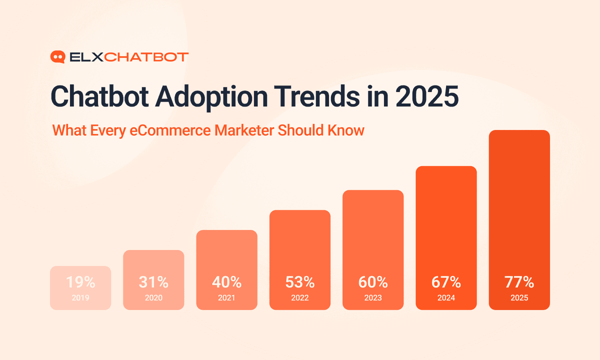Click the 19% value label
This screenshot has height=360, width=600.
pyautogui.click(x=80, y=282)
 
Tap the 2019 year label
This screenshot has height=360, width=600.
pyautogui.click(x=80, y=298)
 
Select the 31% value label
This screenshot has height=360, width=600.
pyautogui.click(x=153, y=282)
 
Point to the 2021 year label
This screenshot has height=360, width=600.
pyautogui.click(x=226, y=298)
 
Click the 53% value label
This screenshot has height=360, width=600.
pyautogui.click(x=300, y=282)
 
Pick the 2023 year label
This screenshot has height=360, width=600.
pyautogui.click(x=373, y=298)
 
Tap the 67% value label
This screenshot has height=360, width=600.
pyautogui.click(x=446, y=282)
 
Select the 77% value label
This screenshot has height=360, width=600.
pyautogui.click(x=519, y=282)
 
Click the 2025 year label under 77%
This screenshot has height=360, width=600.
pyautogui.click(x=519, y=298)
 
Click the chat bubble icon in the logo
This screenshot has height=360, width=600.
pyautogui.click(x=58, y=57)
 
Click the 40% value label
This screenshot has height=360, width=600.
pyautogui.click(x=226, y=282)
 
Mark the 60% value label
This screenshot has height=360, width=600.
pyautogui.click(x=373, y=282)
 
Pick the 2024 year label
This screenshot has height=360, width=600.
pyautogui.click(x=446, y=298)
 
